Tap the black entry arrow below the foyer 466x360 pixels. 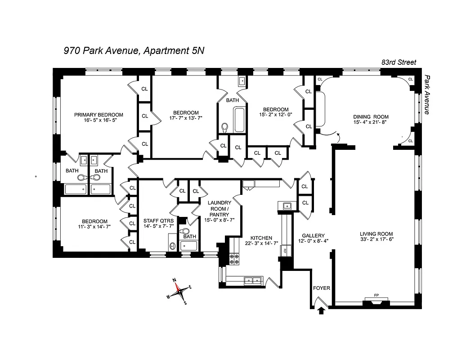[321, 310]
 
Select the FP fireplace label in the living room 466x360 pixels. [376, 296]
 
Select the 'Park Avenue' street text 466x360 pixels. [427, 94]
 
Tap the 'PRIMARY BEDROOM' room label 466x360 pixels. [99, 115]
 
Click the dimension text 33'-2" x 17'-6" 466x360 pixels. [376, 240]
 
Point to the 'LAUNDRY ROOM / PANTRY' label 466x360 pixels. [219, 208]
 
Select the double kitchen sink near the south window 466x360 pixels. [251, 280]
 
